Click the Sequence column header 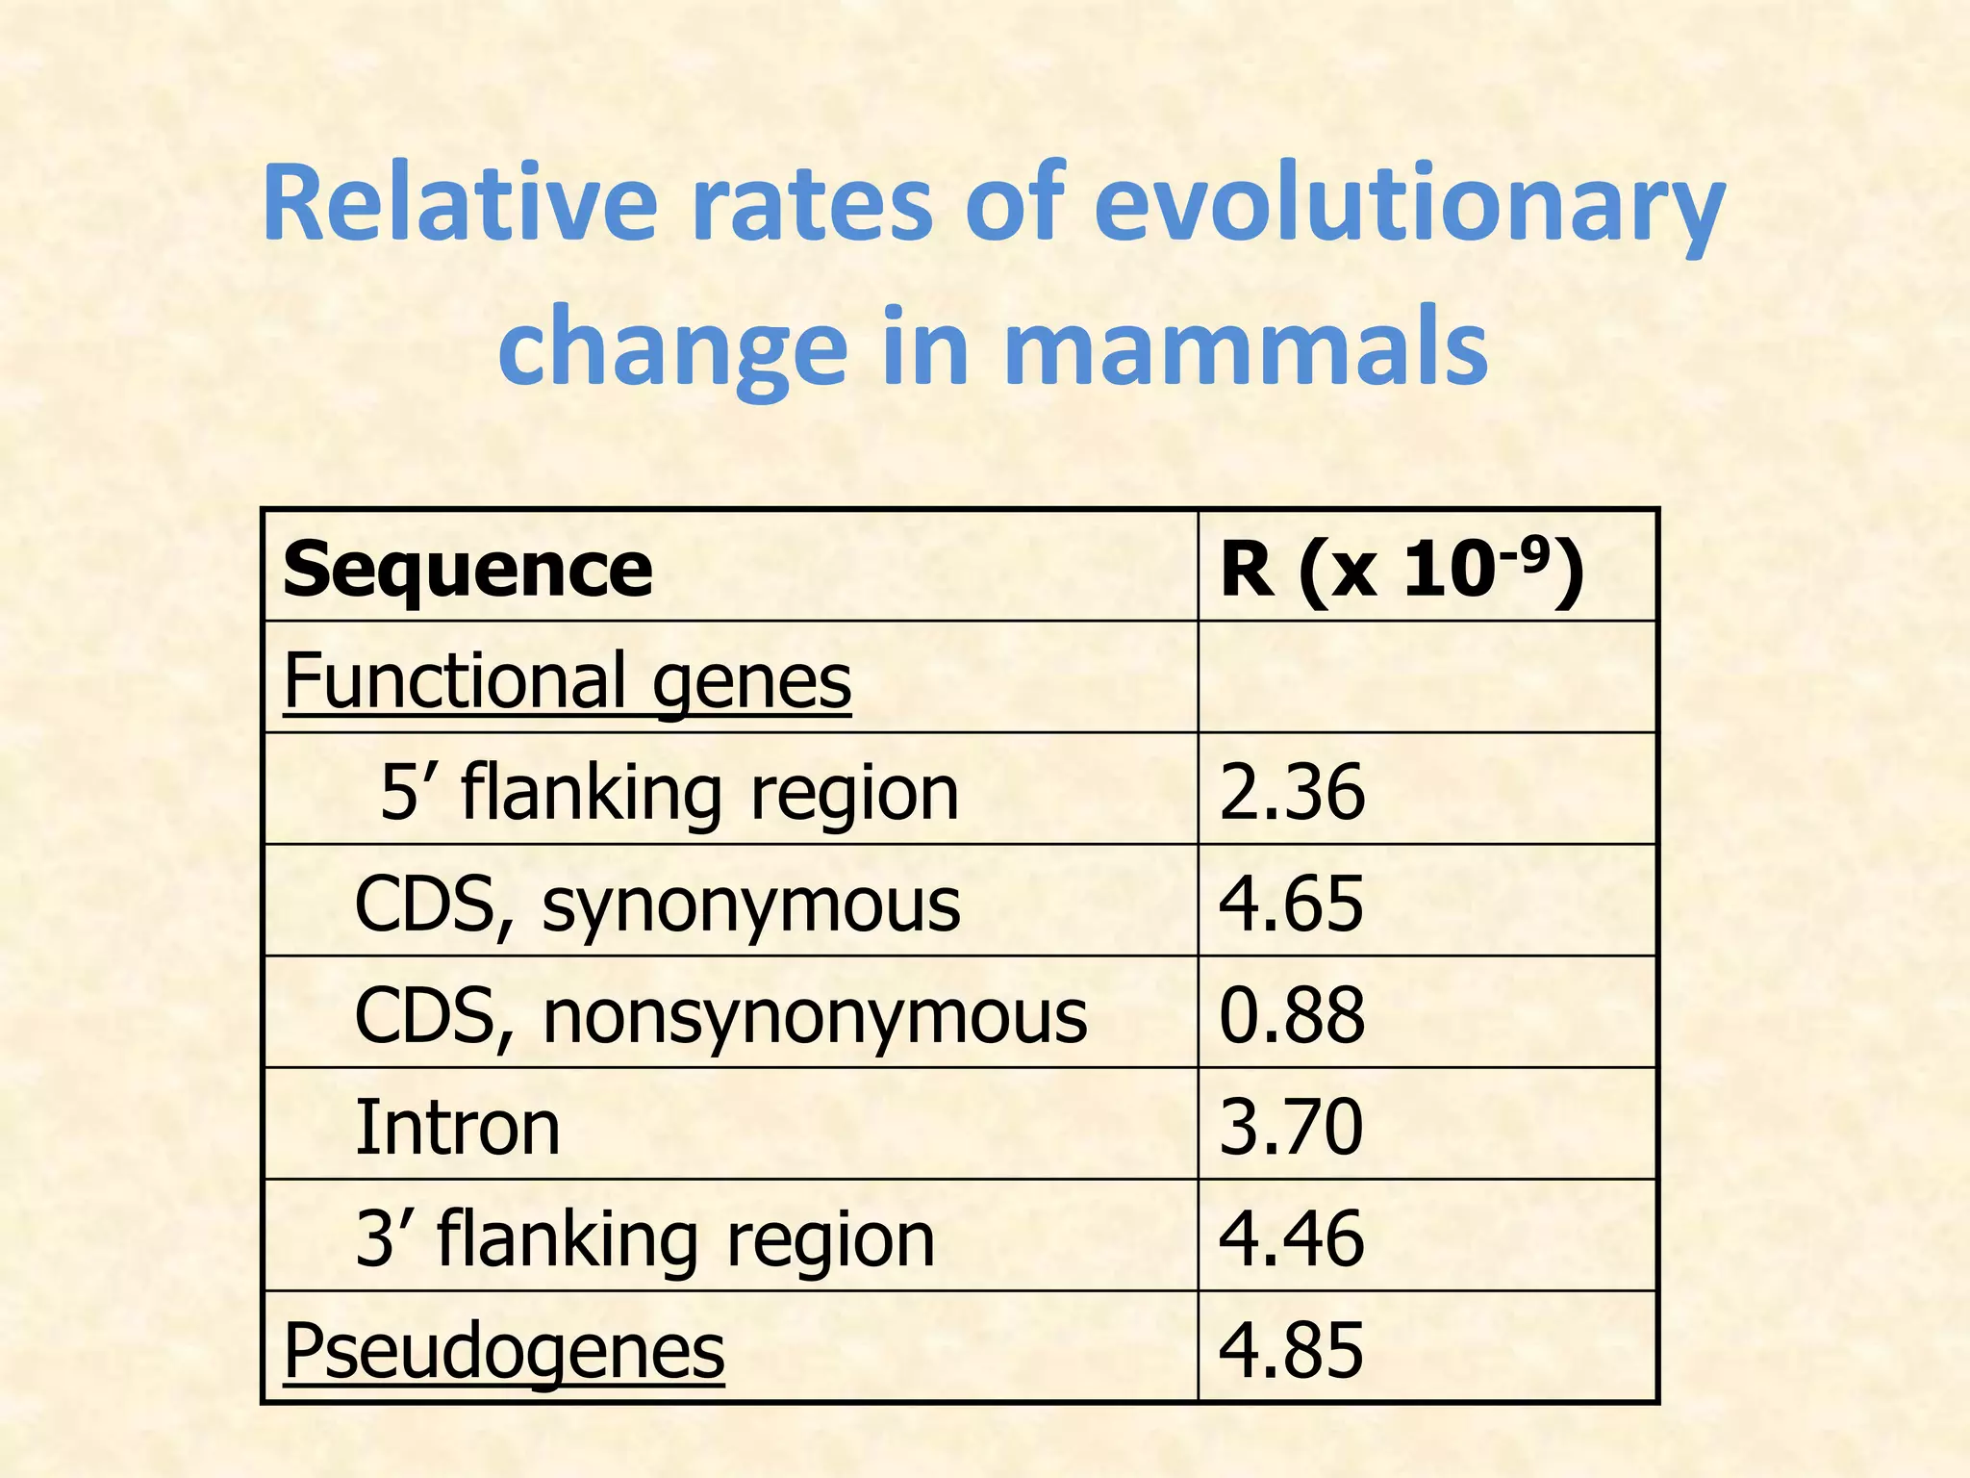tap(468, 570)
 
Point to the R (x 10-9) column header tap(1401, 570)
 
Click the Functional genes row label tap(568, 680)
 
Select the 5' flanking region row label tap(669, 793)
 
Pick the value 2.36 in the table tap(1292, 792)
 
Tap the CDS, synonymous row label tap(657, 905)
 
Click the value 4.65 tap(1291, 904)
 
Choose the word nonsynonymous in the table tap(815, 1016)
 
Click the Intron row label tap(458, 1127)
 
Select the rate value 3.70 tap(1291, 1127)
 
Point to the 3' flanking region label tap(644, 1238)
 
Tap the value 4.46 tap(1291, 1238)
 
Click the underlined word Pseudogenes tap(504, 1350)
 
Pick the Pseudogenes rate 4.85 tap(1291, 1350)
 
